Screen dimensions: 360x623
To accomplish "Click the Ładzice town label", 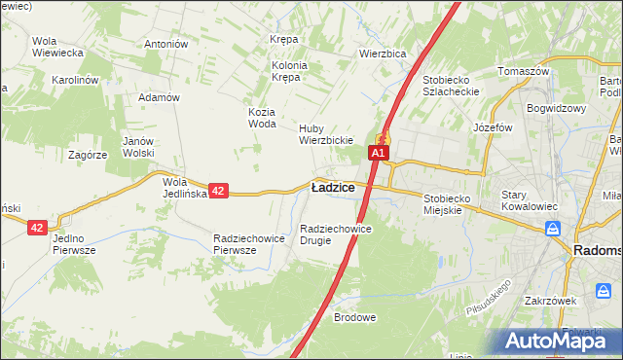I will pyautogui.click(x=332, y=187).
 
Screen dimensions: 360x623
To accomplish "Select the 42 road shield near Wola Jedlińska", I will pyautogui.click(x=219, y=192).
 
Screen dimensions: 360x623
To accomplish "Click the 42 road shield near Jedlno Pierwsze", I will pyautogui.click(x=38, y=227).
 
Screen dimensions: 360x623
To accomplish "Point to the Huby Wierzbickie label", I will pyautogui.click(x=325, y=134).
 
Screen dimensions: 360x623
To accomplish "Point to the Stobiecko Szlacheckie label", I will pyautogui.click(x=452, y=86).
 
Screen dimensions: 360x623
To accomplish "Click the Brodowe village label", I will pyautogui.click(x=354, y=317).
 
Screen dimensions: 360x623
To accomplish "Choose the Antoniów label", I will pyautogui.click(x=165, y=44).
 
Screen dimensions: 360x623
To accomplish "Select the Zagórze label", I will pyautogui.click(x=87, y=155).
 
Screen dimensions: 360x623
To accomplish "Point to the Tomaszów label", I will pyautogui.click(x=524, y=72).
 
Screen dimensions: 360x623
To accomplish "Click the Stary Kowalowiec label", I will pyautogui.click(x=527, y=200).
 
